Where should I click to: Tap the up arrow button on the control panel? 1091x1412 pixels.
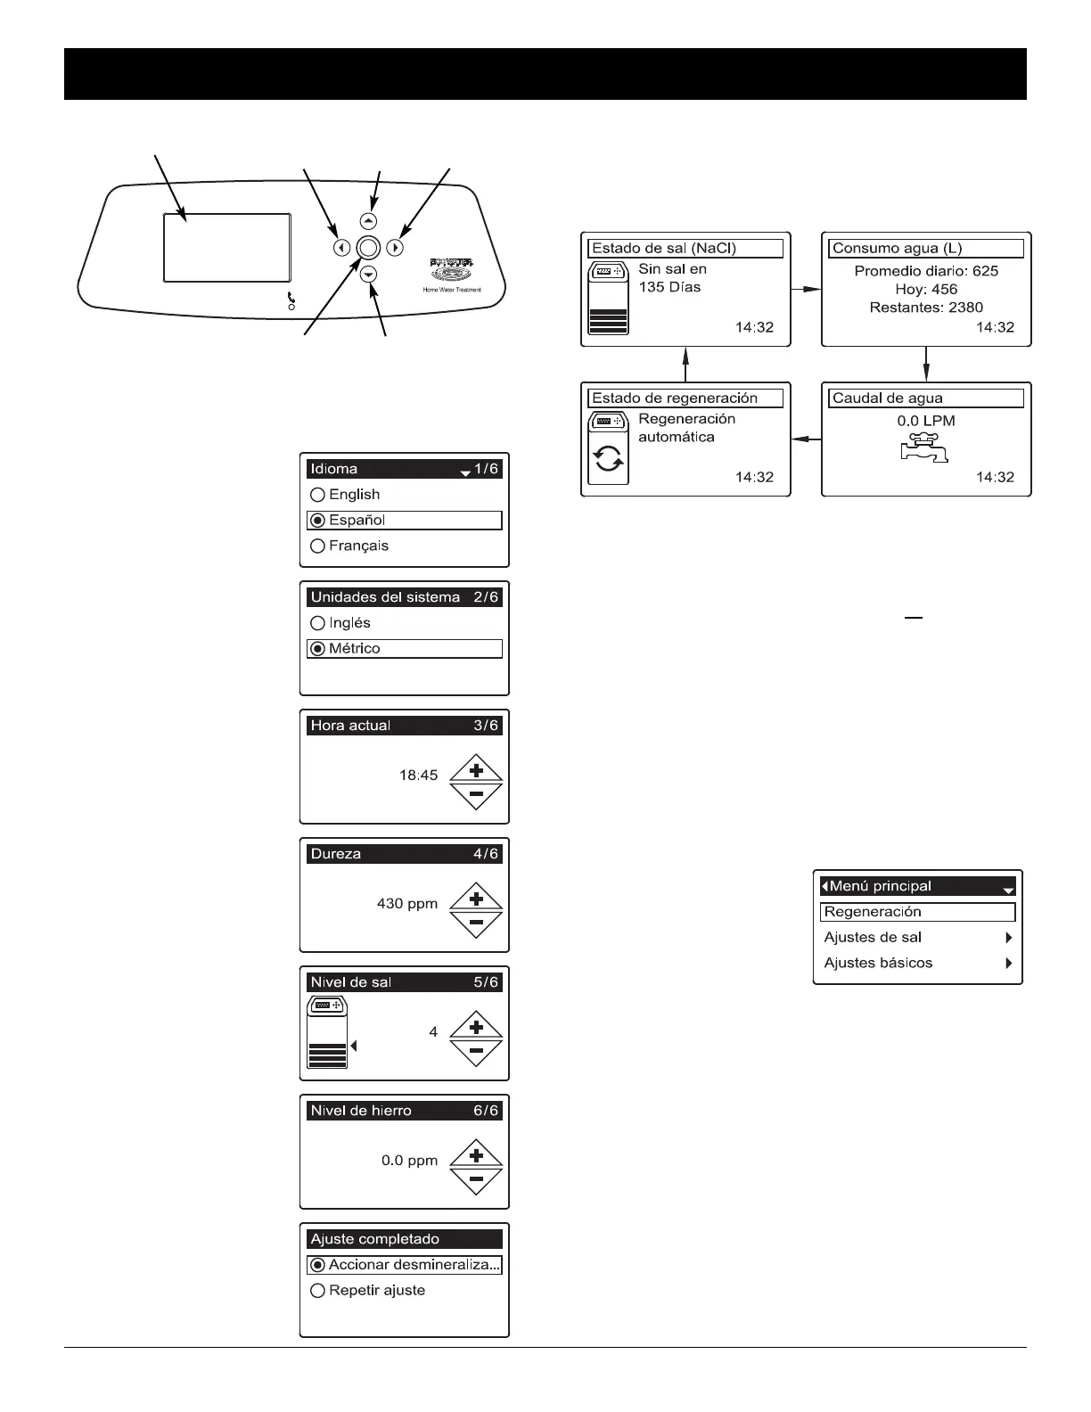click(x=369, y=221)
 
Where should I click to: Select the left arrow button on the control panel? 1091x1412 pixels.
click(x=341, y=249)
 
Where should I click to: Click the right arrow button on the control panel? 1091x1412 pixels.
click(x=396, y=249)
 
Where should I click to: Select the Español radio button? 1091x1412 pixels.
click(x=317, y=521)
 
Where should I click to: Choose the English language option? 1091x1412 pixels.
click(x=317, y=495)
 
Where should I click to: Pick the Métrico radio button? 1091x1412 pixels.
click(x=317, y=649)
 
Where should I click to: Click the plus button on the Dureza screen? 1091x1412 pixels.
click(x=476, y=898)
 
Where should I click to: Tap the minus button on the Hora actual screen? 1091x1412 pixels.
click(x=476, y=793)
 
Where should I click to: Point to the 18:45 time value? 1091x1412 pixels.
click(x=418, y=776)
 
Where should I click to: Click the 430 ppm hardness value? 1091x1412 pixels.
click(x=407, y=904)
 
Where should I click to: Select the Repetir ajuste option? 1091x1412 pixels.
click(x=317, y=1291)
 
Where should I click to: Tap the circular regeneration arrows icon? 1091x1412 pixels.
click(x=609, y=460)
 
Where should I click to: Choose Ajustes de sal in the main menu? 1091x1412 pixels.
click(x=874, y=938)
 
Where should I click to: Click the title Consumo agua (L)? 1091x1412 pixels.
click(x=897, y=249)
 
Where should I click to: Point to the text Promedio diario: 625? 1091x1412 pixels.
click(x=926, y=271)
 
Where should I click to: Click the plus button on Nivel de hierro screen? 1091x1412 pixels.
click(x=476, y=1154)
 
